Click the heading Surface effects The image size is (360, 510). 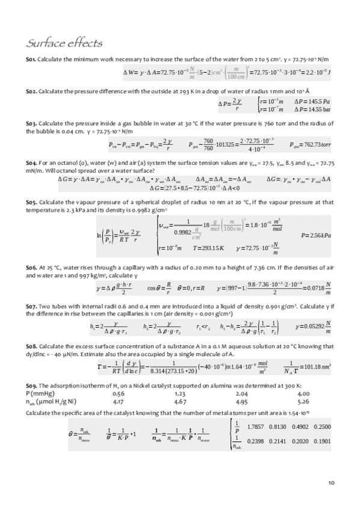tap(63, 43)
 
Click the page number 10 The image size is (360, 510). tap(331, 482)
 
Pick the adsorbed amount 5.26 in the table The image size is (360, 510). tap(303, 401)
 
